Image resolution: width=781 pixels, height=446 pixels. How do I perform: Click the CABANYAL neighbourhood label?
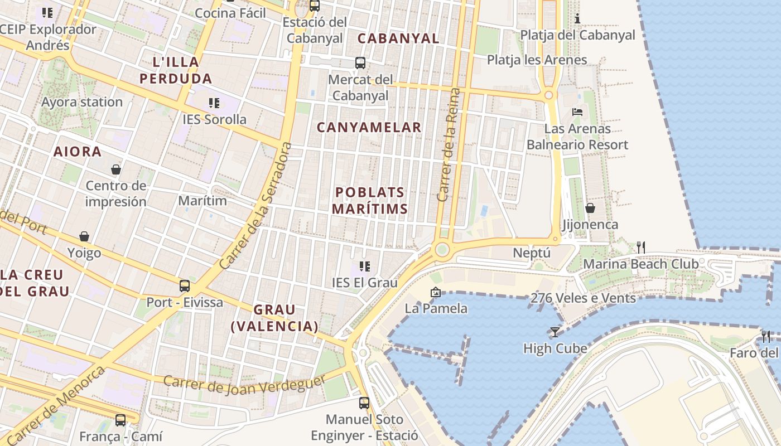398,38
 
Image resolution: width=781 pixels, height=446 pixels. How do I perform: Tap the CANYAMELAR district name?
369,127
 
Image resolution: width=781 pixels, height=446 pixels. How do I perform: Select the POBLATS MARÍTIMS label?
370,201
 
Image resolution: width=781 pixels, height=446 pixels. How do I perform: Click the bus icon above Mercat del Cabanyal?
360,62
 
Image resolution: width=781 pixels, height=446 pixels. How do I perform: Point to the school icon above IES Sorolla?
214,103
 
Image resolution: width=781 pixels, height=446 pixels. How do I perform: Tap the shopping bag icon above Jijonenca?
590,208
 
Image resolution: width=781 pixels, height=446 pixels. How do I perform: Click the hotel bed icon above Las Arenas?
577,112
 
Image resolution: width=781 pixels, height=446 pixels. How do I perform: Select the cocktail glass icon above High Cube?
555,332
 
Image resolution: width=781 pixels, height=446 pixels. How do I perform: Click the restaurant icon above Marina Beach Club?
641,247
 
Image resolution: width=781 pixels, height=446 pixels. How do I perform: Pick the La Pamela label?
436,308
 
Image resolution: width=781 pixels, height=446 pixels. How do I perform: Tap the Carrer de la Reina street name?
450,145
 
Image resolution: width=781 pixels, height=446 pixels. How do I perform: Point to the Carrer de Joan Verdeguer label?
244,385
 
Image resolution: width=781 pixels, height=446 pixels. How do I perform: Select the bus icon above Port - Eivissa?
185,286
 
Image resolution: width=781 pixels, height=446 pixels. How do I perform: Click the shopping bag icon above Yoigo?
84,236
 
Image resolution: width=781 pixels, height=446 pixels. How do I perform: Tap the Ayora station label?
81,102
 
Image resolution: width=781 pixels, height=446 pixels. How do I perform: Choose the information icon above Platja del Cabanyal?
577,19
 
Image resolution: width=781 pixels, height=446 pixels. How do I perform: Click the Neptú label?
532,253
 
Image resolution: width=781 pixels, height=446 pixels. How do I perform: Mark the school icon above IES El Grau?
365,266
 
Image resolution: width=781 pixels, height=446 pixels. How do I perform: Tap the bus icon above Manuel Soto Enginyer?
364,403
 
